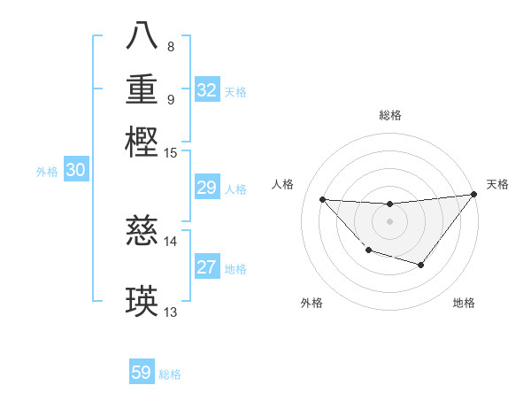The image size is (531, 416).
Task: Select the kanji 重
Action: pos(142,89)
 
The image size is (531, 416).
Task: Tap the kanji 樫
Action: pos(142,142)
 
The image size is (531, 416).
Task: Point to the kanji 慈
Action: pos(142,232)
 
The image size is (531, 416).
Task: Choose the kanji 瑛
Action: pos(142,301)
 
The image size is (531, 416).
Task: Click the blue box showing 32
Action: pos(207,90)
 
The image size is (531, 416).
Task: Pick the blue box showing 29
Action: pos(207,188)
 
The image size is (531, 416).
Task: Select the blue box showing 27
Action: pos(207,267)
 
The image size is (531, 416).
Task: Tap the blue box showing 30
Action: pos(76,171)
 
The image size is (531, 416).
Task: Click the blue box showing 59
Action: pos(142,373)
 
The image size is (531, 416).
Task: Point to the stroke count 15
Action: pos(171,153)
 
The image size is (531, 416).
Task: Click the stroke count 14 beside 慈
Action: pos(171,241)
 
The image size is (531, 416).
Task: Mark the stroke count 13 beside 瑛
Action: pos(171,312)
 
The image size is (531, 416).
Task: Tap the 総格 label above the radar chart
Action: pos(389,115)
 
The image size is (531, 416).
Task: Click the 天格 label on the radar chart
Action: pos(497,184)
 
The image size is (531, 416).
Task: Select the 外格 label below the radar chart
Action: pos(312,303)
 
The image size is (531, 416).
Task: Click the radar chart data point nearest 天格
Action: pos(473,194)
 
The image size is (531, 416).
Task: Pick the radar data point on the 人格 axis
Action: pos(322,199)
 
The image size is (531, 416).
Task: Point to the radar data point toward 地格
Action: pos(421,265)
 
